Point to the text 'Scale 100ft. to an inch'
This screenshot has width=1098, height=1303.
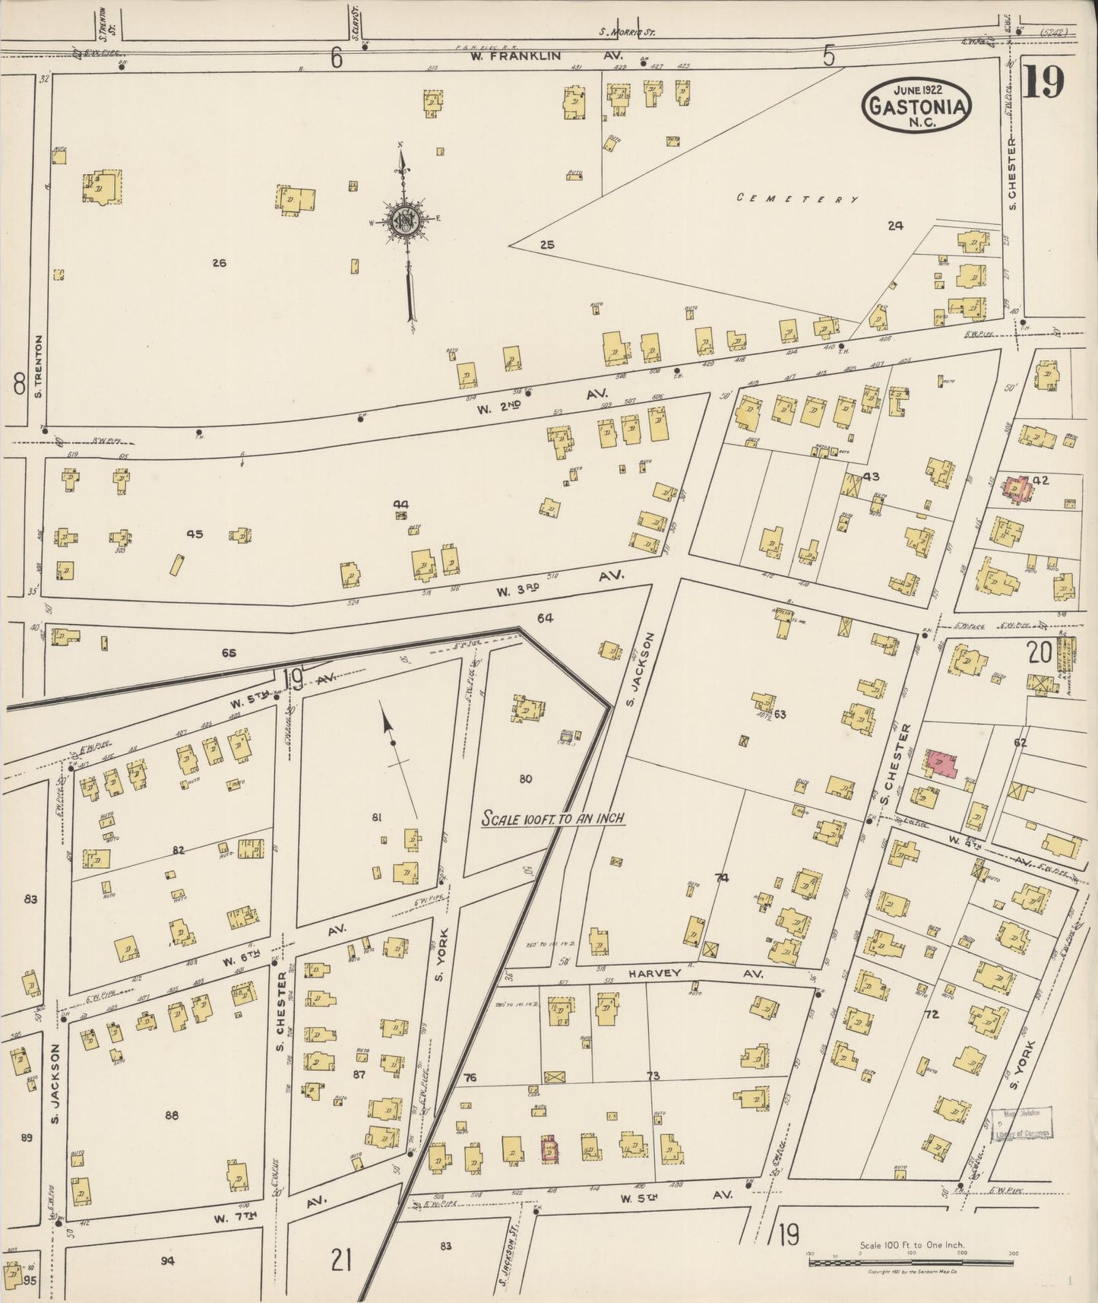click(555, 819)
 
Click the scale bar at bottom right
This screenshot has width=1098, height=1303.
click(912, 1263)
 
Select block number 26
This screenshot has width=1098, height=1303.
click(220, 263)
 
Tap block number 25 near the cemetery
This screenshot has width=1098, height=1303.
click(547, 244)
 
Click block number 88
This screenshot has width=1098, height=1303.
click(172, 1115)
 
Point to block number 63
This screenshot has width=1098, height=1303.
click(780, 714)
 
